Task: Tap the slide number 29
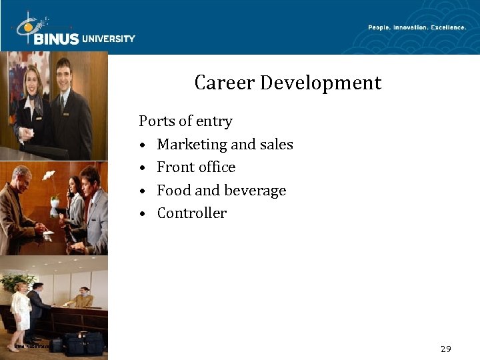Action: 446,349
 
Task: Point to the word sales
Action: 276,145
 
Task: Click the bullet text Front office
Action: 196,167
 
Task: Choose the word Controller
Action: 192,213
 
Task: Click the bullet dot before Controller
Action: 143,214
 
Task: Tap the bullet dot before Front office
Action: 143,168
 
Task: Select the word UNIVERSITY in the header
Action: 108,39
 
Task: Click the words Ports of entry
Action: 185,121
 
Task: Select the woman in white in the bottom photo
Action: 21,308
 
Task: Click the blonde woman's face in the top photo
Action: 31,82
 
